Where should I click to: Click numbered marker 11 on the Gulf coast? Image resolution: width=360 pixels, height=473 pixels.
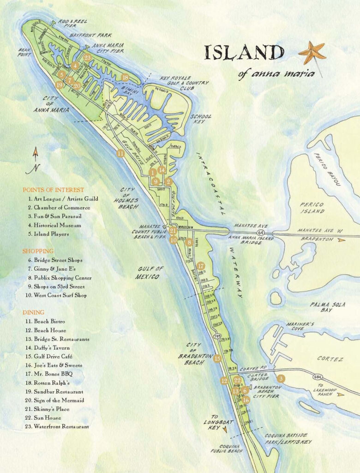pyautogui.click(x=120, y=154)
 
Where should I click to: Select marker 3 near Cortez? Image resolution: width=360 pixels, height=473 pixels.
pyautogui.click(x=281, y=378)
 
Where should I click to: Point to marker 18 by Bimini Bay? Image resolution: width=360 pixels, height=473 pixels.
pyautogui.click(x=125, y=78)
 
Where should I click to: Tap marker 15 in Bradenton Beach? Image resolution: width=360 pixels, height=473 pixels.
pyautogui.click(x=217, y=358)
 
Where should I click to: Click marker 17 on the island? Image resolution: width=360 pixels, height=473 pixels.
pyautogui.click(x=200, y=266)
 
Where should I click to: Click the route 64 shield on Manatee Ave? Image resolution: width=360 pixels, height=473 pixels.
pyautogui.click(x=261, y=232)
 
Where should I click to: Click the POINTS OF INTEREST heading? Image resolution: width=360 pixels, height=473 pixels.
pyautogui.click(x=53, y=190)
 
